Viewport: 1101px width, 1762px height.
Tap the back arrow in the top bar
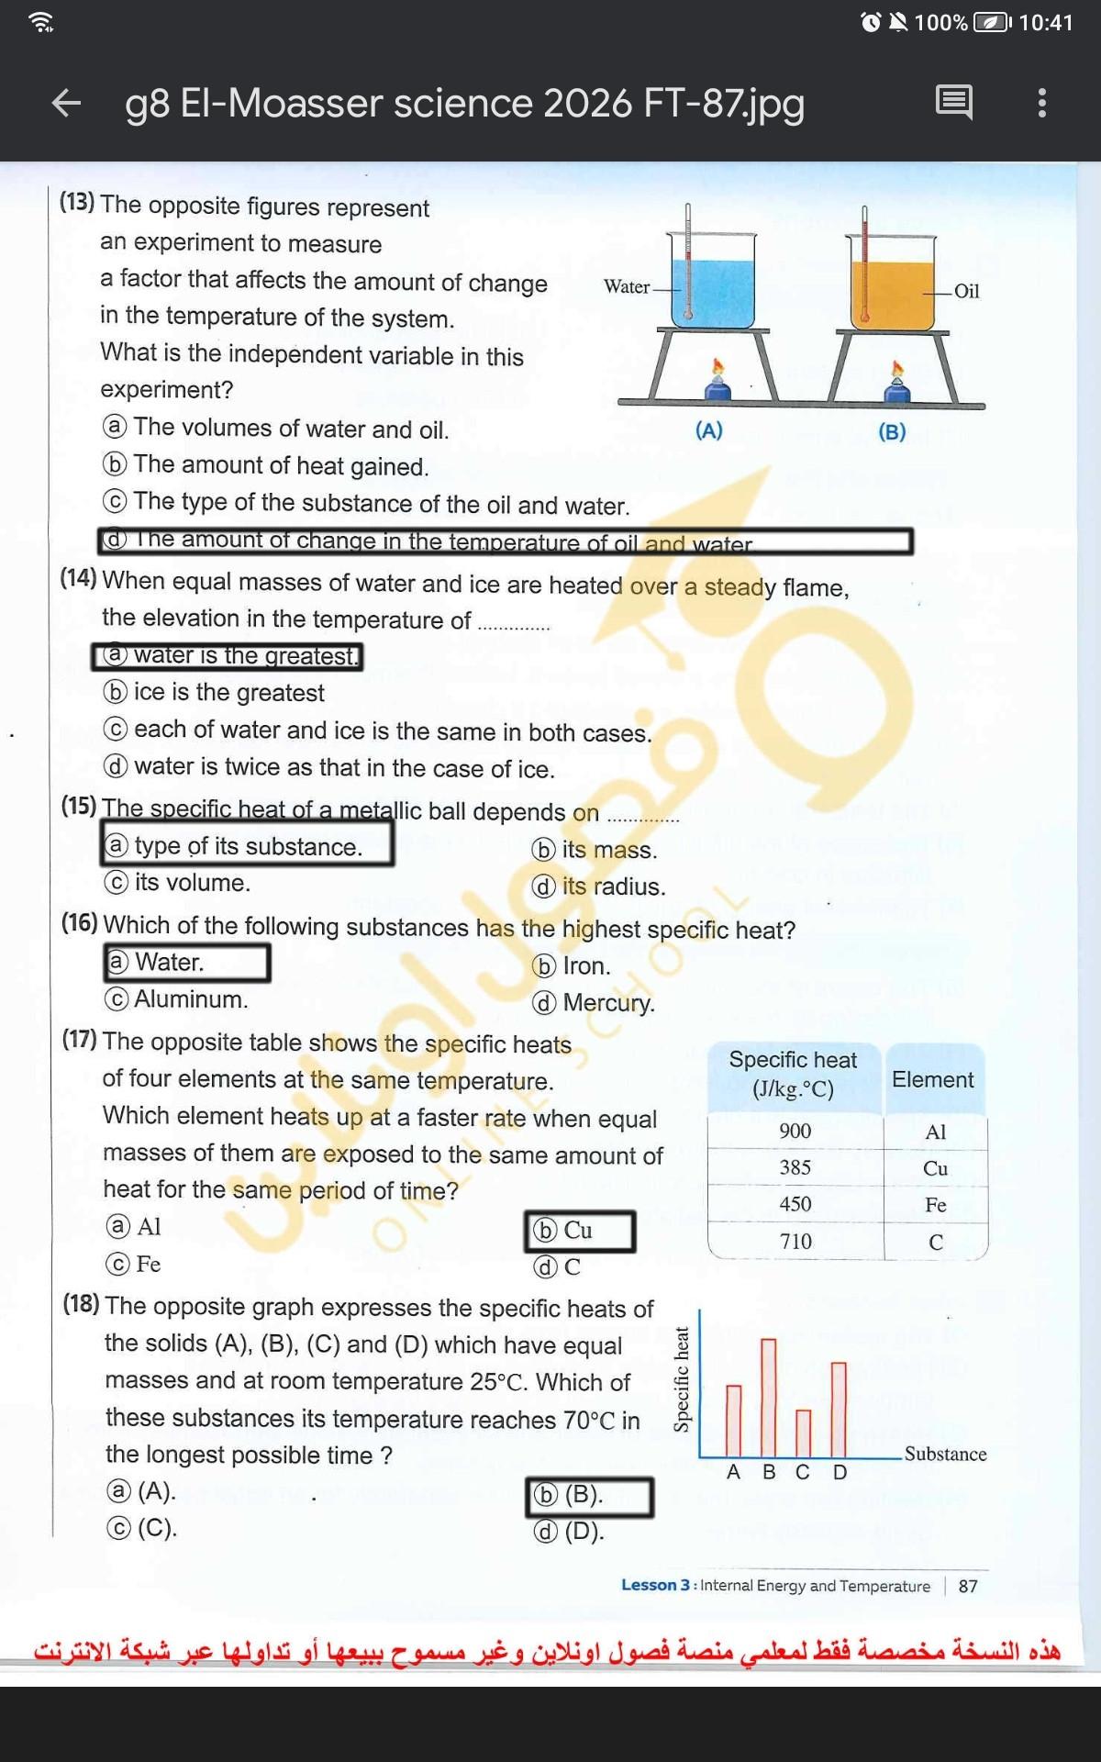[66, 103]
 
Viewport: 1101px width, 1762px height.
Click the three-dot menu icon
[1041, 103]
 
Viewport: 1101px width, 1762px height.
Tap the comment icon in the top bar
[953, 102]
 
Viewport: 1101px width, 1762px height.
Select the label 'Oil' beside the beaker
[966, 291]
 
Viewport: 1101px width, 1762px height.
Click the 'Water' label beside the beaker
[627, 286]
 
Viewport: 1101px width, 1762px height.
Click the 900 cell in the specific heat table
[795, 1131]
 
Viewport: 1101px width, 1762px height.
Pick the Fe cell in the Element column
[935, 1205]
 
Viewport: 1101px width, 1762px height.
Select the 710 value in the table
[795, 1242]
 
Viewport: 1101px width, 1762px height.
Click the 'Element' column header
[932, 1079]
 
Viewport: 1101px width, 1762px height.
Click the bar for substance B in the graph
[769, 1397]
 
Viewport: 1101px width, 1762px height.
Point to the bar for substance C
[803, 1433]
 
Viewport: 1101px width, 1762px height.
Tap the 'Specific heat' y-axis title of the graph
[681, 1379]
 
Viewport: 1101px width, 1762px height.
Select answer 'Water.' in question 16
[170, 962]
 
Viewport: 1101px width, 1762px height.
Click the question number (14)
[78, 578]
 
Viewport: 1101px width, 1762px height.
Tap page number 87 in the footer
[968, 1586]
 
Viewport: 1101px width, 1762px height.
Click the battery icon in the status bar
[991, 22]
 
